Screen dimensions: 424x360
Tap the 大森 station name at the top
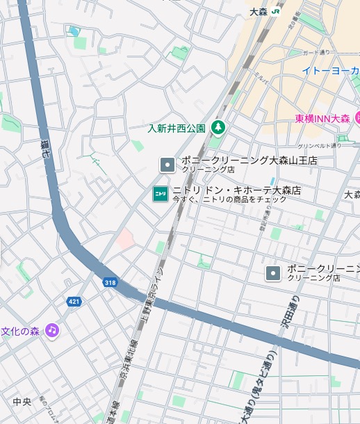pyautogui.click(x=259, y=11)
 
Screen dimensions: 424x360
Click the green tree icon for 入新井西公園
pyautogui.click(x=218, y=127)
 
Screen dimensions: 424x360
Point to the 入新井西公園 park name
pyautogui.click(x=177, y=128)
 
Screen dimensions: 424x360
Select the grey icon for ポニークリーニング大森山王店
pyautogui.click(x=167, y=165)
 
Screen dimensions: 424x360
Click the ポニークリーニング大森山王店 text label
pyautogui.click(x=249, y=161)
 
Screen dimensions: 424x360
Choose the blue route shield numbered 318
pyautogui.click(x=110, y=282)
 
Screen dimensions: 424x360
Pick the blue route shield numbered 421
pyautogui.click(x=74, y=301)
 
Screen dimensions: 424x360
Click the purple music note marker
pyautogui.click(x=52, y=330)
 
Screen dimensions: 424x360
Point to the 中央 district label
pyautogui.click(x=22, y=402)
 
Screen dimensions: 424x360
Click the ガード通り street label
pyautogui.click(x=318, y=53)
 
